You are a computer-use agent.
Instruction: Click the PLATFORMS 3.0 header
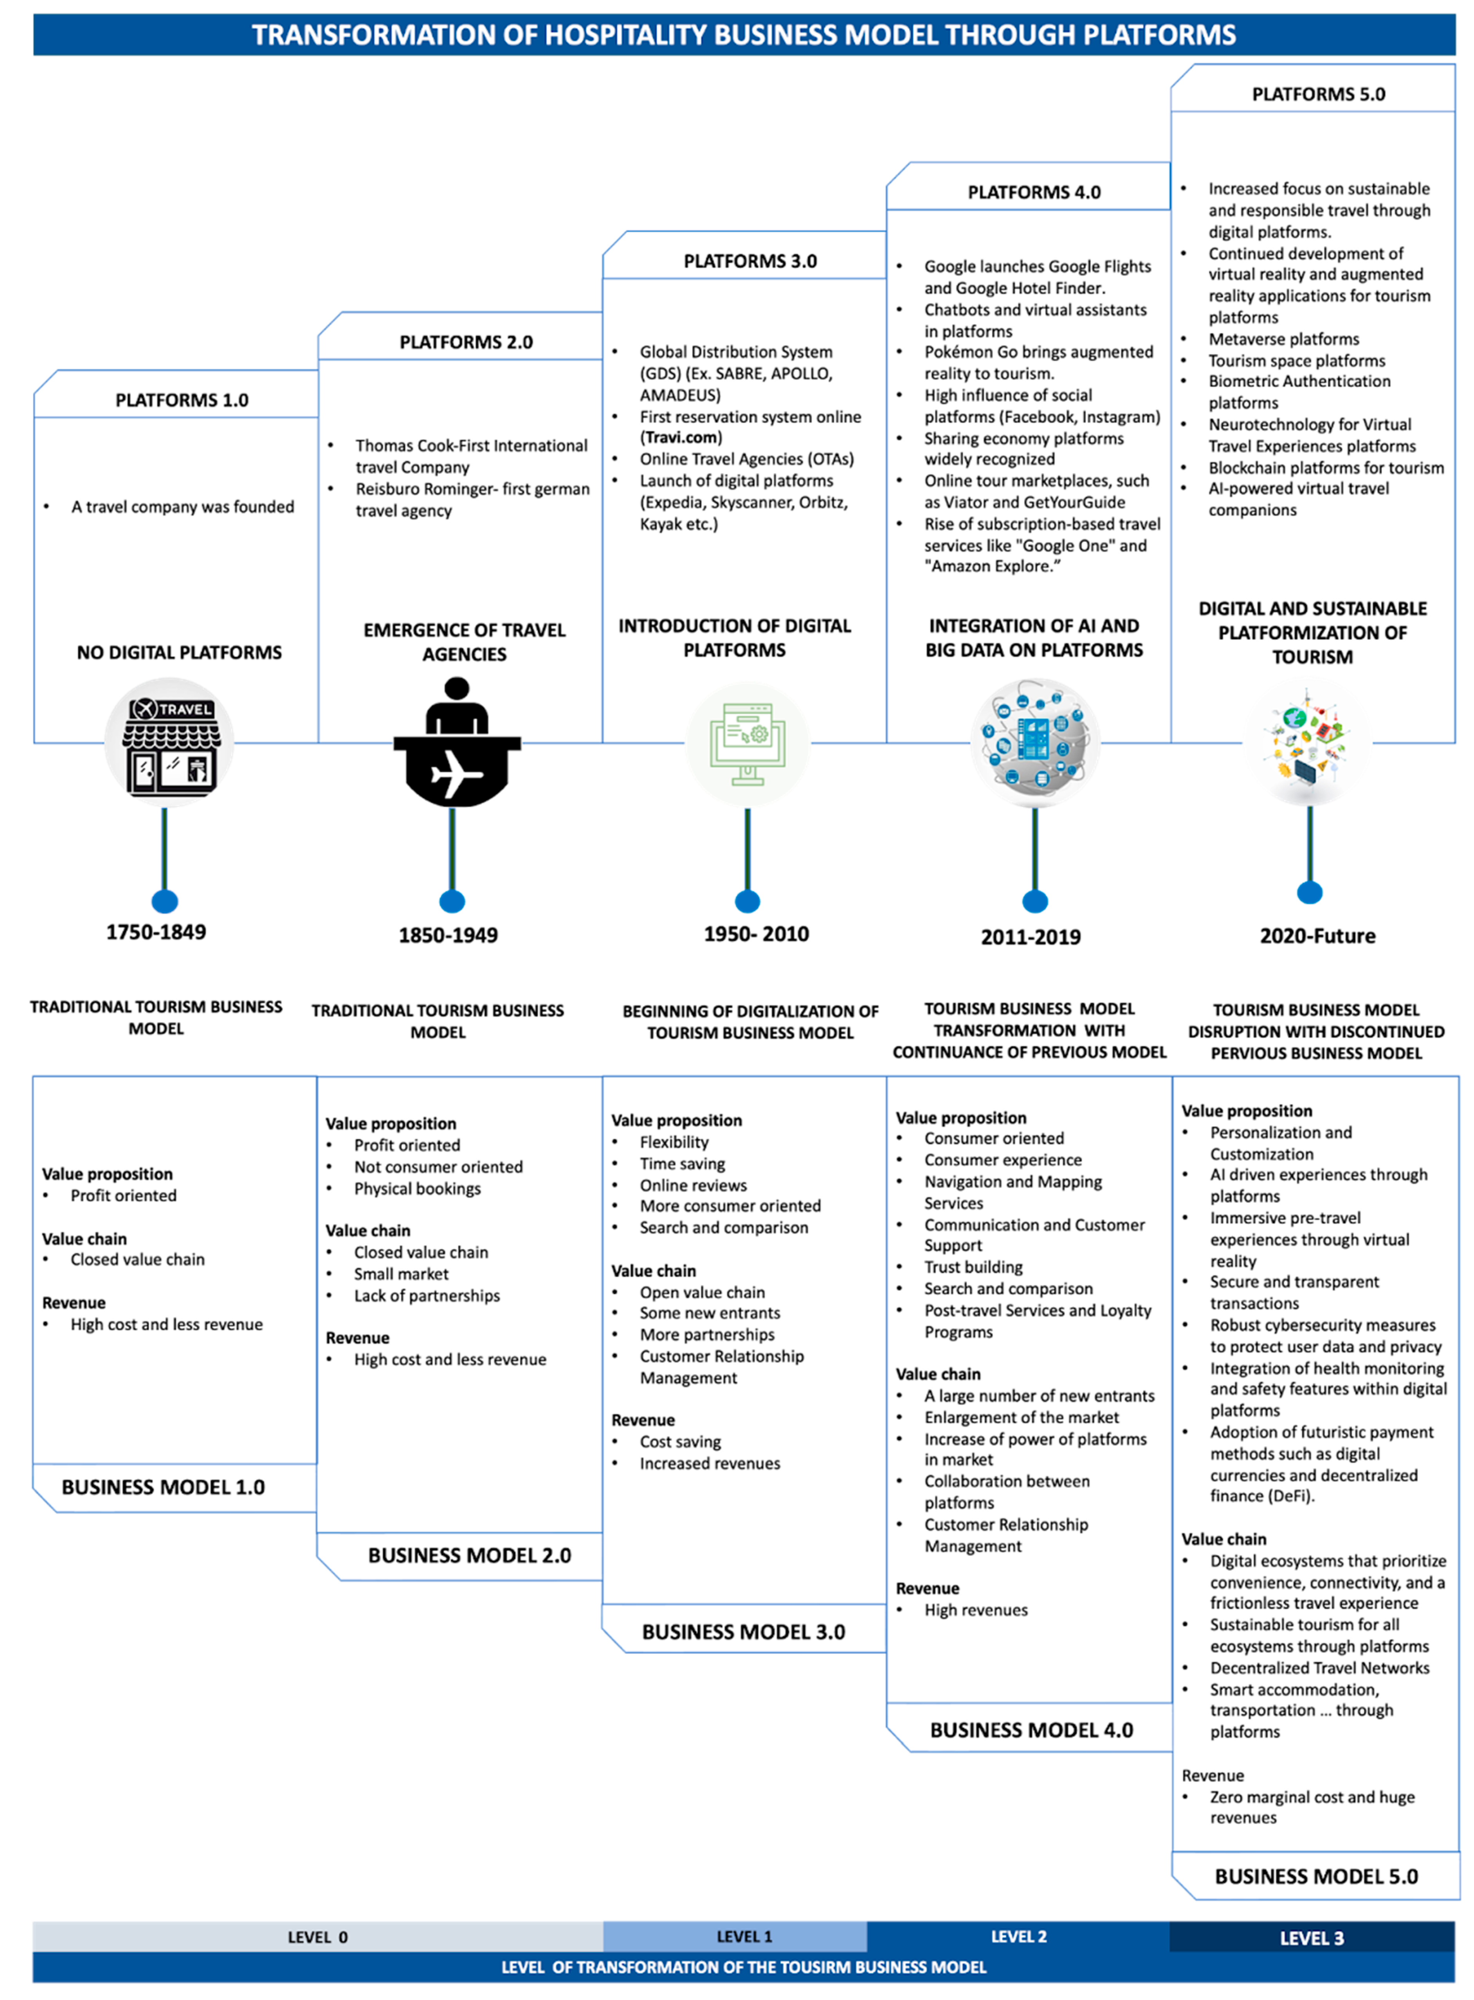click(750, 261)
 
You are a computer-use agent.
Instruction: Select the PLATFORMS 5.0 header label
click(1318, 95)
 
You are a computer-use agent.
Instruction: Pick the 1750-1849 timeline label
click(156, 932)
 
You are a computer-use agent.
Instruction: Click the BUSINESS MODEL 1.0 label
click(163, 1487)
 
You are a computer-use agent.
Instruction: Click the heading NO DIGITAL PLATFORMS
click(179, 653)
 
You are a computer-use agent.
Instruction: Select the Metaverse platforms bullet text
click(1284, 339)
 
